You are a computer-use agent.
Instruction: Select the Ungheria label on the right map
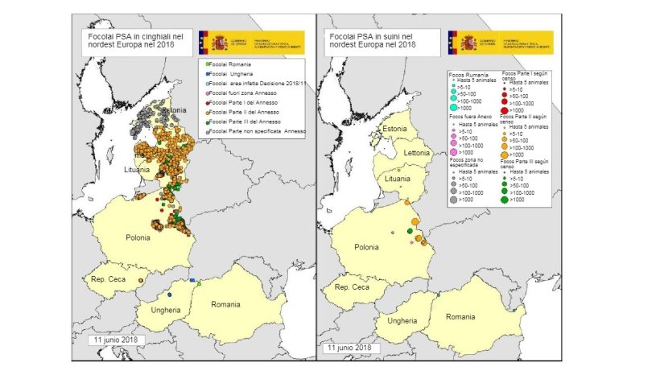coord(402,320)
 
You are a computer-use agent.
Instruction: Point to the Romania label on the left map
coord(225,304)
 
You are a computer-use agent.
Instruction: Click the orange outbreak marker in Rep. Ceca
coord(141,280)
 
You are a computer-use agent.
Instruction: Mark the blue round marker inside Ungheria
coord(170,295)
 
